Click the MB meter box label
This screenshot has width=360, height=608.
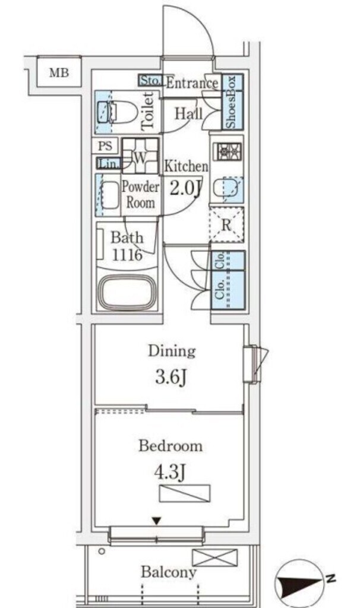[59, 72]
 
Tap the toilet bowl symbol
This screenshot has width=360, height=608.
[117, 112]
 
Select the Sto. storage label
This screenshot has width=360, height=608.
[150, 81]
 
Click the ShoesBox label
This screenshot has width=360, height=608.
[231, 102]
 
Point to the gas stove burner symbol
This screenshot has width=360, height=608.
[229, 151]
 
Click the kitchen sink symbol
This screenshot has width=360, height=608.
[228, 189]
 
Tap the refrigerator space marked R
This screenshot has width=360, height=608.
[226, 225]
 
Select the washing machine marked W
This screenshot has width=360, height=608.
[140, 156]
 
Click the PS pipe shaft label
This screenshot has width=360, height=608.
[105, 146]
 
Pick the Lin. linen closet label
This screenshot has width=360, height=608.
[108, 164]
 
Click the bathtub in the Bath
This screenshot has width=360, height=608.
[127, 292]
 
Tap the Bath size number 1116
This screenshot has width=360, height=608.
[127, 255]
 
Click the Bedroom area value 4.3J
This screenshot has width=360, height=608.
[170, 472]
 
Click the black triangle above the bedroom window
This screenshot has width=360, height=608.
[156, 521]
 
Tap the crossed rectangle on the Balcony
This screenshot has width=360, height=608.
[214, 557]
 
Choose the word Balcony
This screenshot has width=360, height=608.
[168, 572]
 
